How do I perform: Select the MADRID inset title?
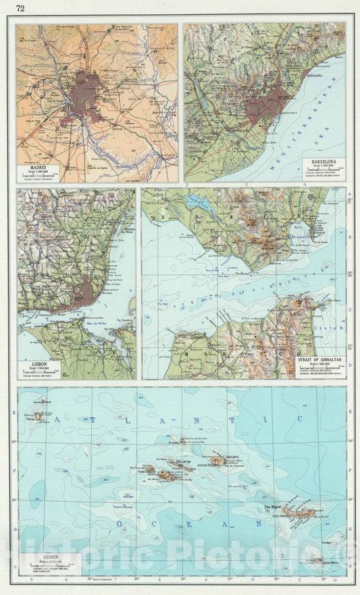pyautogui.click(x=38, y=165)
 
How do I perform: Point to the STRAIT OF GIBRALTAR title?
pyautogui.click(x=317, y=359)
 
